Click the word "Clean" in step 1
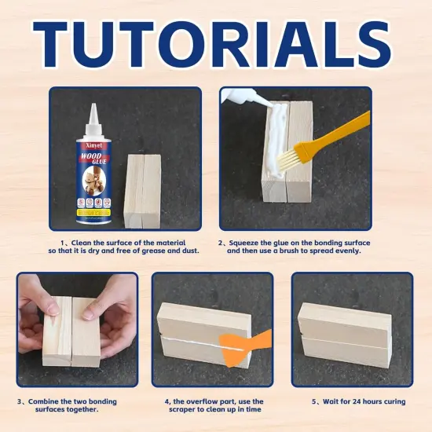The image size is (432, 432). coord(84,243)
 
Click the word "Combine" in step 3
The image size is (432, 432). coord(46,401)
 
